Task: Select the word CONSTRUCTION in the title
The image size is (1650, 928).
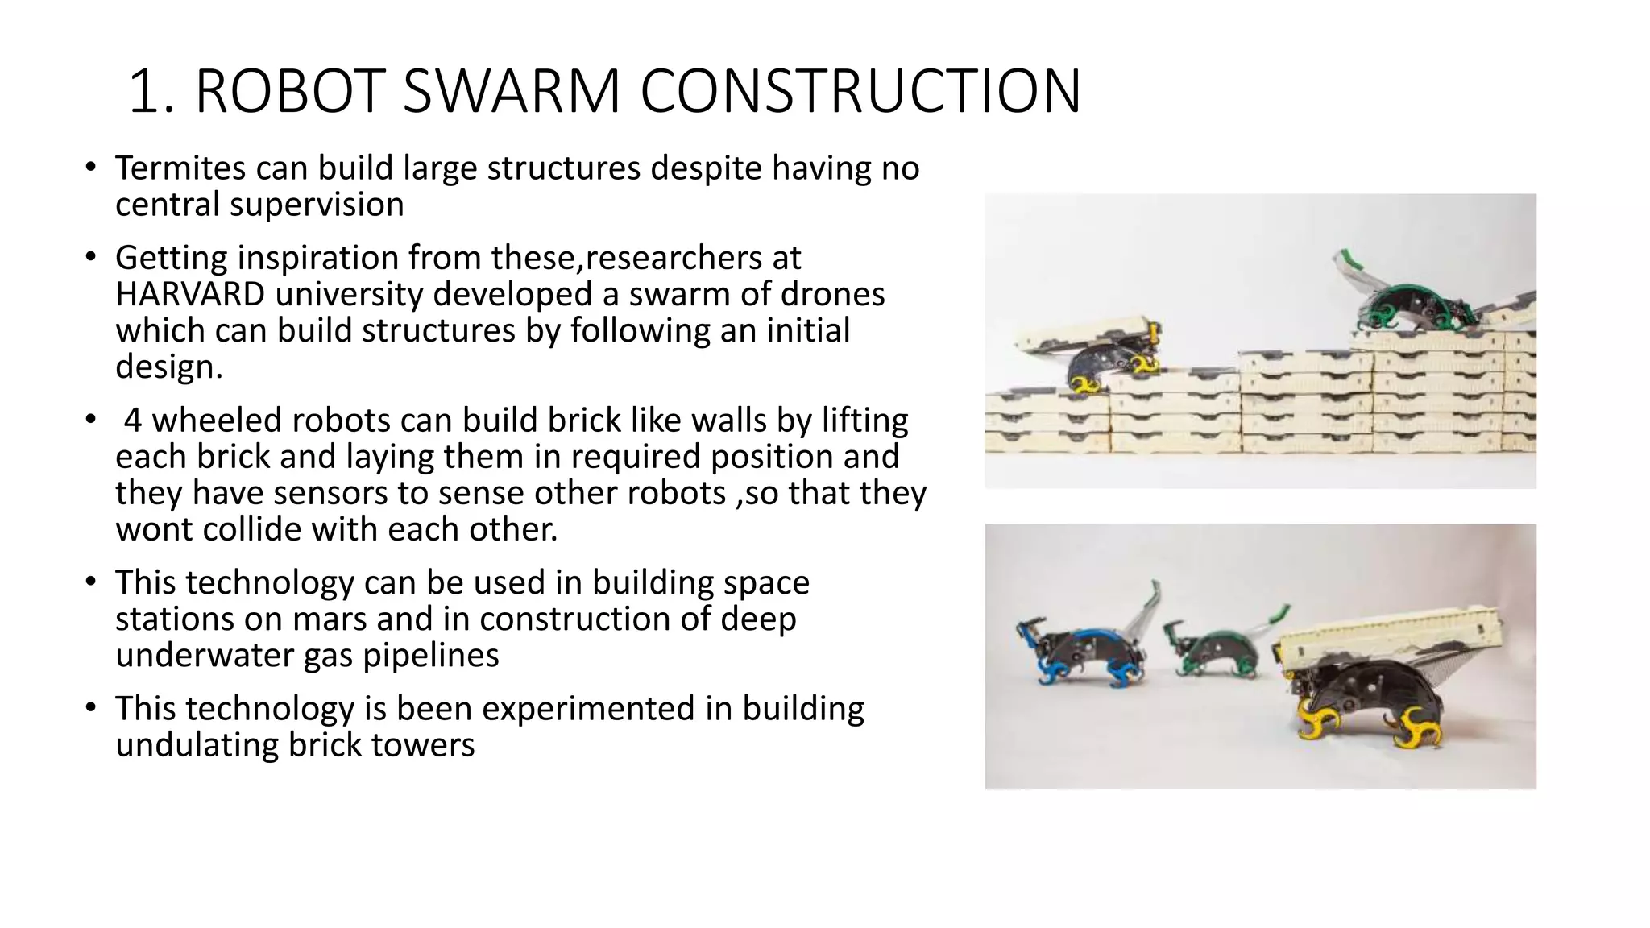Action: [860, 91]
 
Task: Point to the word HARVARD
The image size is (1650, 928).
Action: [190, 294]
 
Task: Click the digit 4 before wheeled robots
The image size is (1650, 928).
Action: [133, 420]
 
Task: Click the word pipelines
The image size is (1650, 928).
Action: [430, 655]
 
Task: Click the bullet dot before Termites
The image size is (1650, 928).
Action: [91, 168]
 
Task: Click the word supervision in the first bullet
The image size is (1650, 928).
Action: [317, 205]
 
